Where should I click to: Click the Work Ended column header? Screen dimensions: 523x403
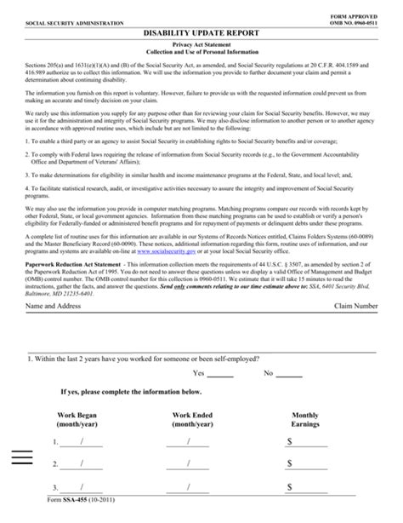[192, 418]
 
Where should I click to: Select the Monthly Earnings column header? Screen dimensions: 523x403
[305, 418]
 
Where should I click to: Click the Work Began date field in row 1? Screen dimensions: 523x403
[82, 442]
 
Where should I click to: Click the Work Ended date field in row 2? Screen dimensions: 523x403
[188, 464]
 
